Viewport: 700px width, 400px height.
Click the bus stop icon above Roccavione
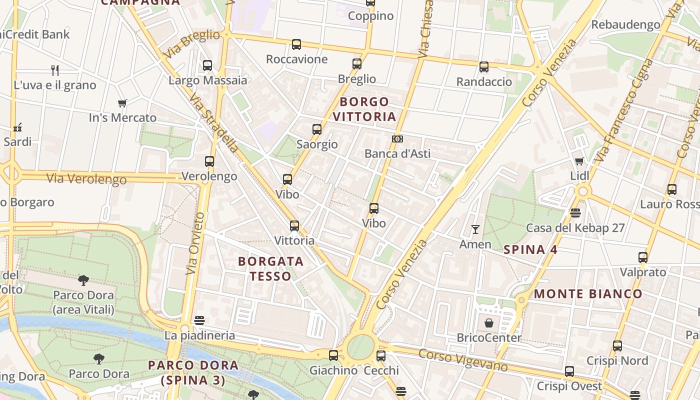click(296, 44)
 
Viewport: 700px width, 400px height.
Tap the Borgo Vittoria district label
click(364, 109)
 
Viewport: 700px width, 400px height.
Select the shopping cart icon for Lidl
click(579, 161)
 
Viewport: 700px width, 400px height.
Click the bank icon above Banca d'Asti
click(397, 139)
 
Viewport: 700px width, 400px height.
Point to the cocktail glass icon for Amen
click(475, 229)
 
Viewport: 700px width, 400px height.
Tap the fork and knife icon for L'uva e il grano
click(55, 70)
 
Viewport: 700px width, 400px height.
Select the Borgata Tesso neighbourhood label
click(270, 268)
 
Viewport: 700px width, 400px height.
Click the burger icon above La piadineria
click(199, 320)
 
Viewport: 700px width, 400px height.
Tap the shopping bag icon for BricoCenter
click(489, 323)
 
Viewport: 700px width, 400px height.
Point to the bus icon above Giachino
click(333, 355)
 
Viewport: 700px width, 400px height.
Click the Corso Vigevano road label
click(463, 360)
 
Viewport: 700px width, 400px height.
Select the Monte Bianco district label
click(588, 294)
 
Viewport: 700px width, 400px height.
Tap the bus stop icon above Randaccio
click(483, 67)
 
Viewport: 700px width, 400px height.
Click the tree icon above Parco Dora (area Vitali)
click(83, 280)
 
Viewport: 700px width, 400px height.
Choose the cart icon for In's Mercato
click(122, 103)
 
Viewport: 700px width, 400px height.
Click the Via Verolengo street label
click(86, 178)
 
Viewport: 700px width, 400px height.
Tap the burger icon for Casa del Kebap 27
click(575, 213)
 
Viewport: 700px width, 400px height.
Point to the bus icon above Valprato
click(643, 257)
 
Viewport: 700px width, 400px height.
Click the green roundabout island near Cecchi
click(360, 347)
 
